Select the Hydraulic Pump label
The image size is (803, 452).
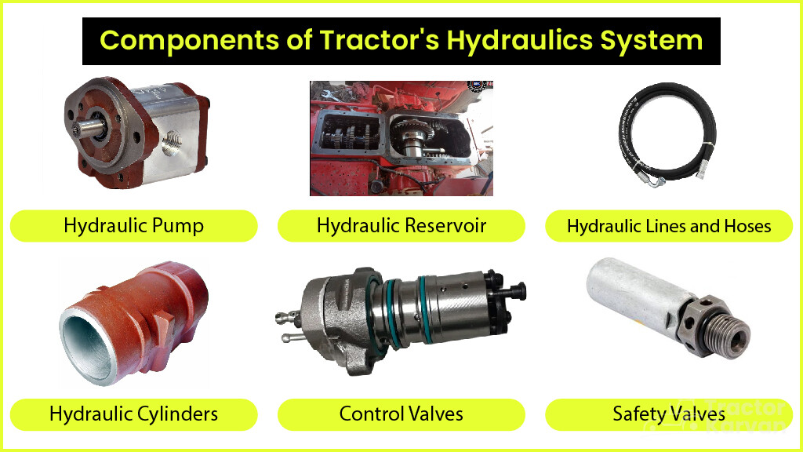click(133, 226)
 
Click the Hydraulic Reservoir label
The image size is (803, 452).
click(401, 226)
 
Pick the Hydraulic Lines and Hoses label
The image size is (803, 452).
click(669, 227)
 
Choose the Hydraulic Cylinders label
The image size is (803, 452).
click(133, 414)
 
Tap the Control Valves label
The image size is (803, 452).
click(401, 414)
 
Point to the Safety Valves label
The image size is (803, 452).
click(669, 414)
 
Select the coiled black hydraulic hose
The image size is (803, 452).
click(667, 118)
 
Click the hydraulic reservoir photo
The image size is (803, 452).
click(401, 138)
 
